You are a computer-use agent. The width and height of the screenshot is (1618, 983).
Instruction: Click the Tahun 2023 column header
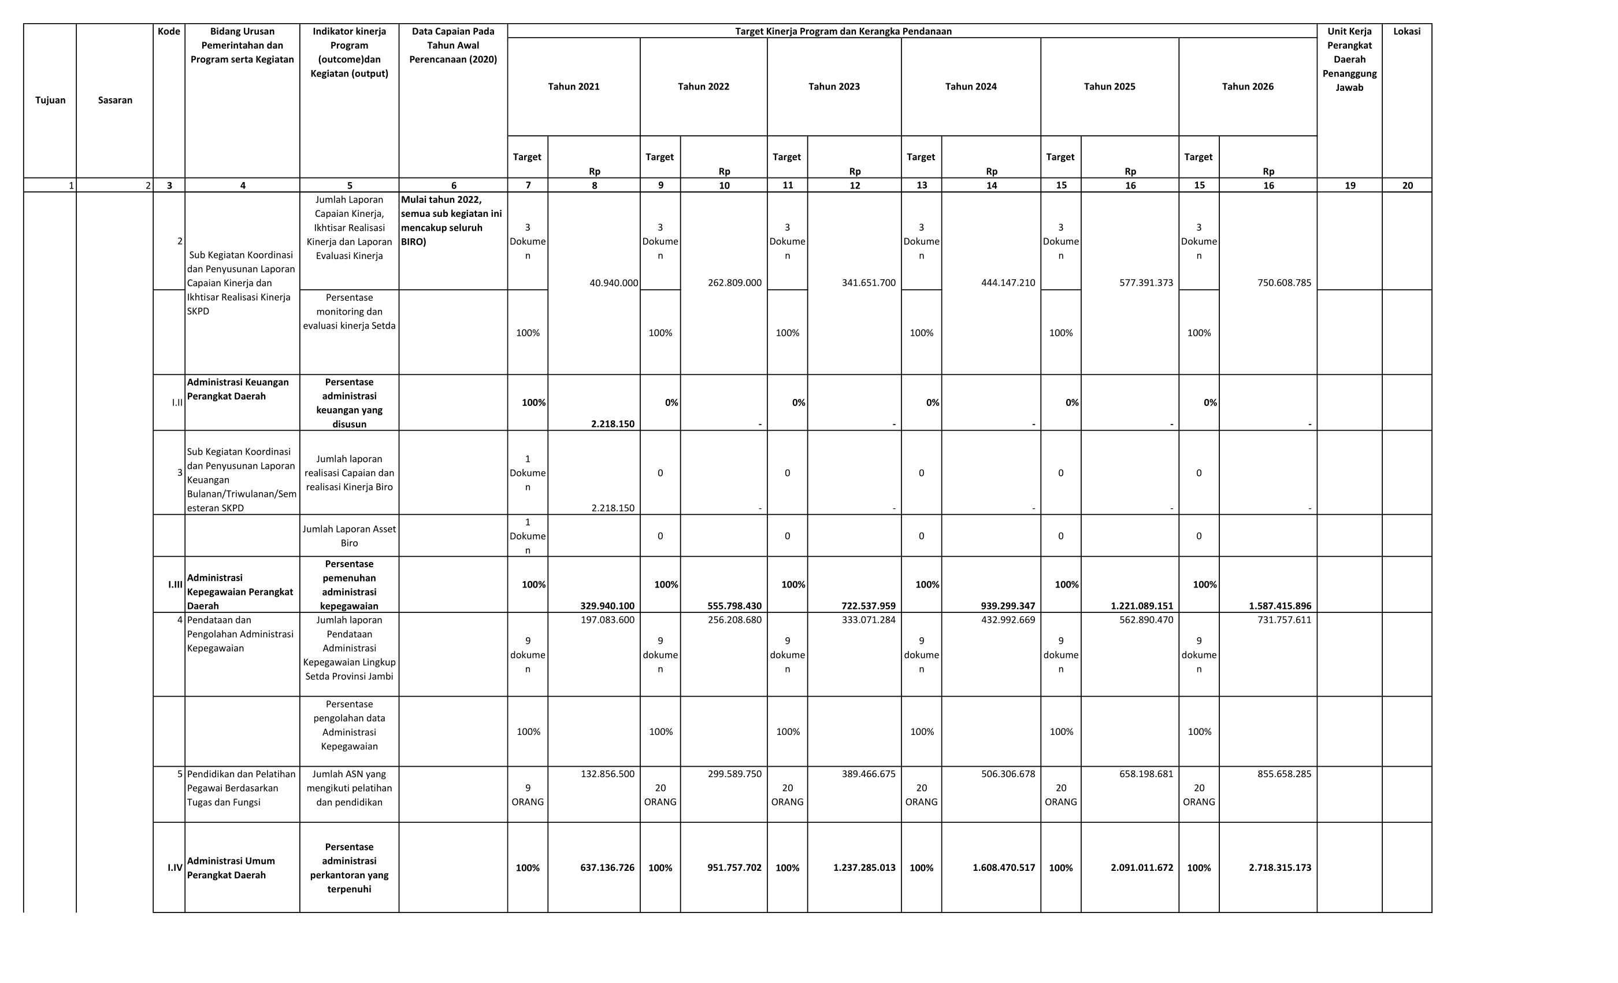tap(833, 87)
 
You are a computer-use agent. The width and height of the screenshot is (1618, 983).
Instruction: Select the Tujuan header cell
tap(51, 101)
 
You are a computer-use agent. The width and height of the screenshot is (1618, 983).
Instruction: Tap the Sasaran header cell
tap(115, 101)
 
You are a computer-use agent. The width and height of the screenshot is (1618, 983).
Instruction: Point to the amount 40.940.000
tap(613, 283)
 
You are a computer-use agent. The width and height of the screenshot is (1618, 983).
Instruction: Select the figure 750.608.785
tap(1284, 283)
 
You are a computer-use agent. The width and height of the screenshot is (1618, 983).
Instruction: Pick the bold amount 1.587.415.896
tap(1279, 606)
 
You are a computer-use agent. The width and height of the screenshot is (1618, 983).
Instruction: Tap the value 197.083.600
tap(607, 620)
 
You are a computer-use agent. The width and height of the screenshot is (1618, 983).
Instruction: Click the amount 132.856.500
tap(607, 774)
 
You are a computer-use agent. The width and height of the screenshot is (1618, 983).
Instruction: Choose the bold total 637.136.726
tap(607, 867)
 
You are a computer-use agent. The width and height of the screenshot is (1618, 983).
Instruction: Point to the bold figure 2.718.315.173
tap(1279, 867)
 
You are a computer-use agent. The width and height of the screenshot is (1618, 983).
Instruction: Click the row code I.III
tap(175, 584)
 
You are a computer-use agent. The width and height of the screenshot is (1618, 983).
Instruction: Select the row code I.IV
tap(175, 867)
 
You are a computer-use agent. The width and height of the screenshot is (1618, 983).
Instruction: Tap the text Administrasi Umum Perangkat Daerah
tap(231, 867)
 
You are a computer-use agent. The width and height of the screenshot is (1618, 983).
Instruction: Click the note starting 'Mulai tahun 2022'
tap(451, 220)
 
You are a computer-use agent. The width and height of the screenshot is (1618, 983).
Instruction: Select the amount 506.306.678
tap(1008, 774)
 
